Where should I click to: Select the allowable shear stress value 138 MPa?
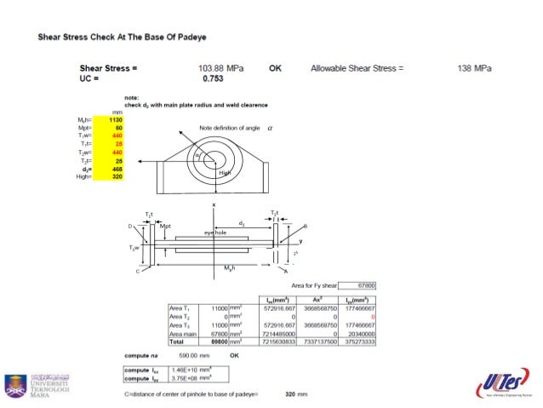click(x=475, y=67)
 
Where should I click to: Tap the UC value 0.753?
click(x=213, y=78)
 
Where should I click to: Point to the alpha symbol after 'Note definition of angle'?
click(x=270, y=126)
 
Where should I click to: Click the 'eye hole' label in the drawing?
click(x=214, y=232)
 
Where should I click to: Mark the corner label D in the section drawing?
click(x=130, y=227)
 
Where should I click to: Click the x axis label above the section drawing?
click(x=214, y=205)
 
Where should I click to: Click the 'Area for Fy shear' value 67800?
click(x=367, y=284)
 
